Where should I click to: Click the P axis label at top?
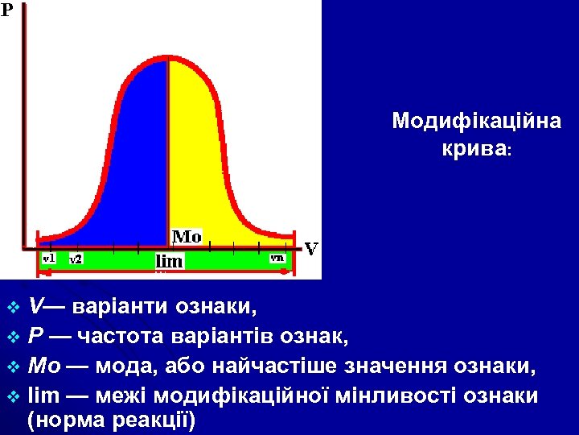click(6, 10)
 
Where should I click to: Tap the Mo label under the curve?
click(187, 237)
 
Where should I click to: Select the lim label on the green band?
click(169, 261)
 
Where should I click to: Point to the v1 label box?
click(48, 258)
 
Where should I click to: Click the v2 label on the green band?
click(75, 259)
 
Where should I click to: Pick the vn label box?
click(277, 258)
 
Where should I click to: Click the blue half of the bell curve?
click(129, 161)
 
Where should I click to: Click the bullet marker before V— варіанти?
click(12, 308)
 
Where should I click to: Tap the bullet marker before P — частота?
click(12, 334)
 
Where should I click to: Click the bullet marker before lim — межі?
click(12, 396)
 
